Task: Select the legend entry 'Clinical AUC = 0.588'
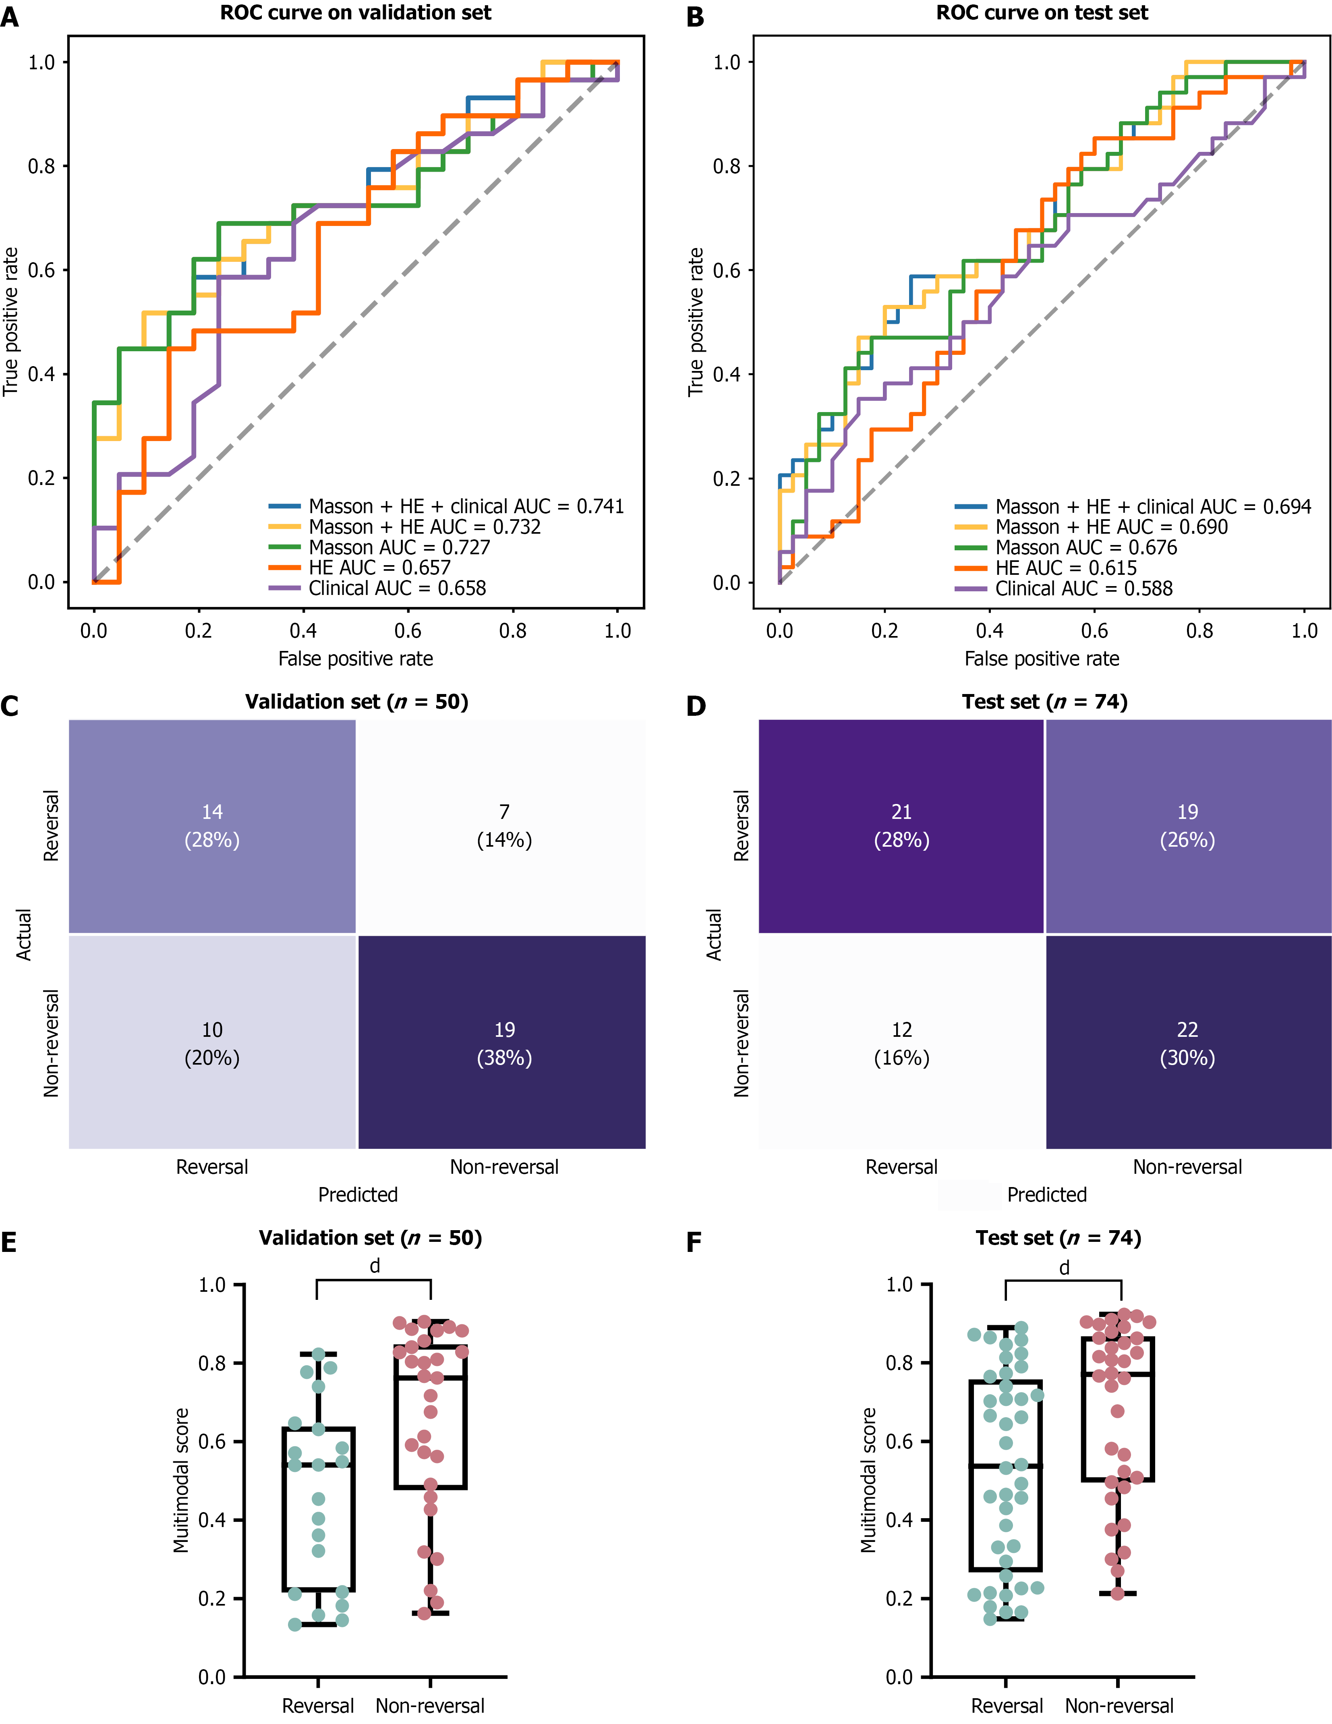click(x=1083, y=588)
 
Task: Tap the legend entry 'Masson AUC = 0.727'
click(x=399, y=547)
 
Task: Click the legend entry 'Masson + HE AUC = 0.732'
click(x=424, y=526)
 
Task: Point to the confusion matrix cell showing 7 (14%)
click(x=504, y=826)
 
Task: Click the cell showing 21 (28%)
click(x=901, y=826)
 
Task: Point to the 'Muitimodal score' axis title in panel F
click(x=868, y=1480)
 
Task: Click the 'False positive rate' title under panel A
click(x=355, y=658)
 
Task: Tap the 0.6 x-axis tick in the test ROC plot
click(x=1094, y=631)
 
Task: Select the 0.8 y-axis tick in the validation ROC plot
click(x=41, y=166)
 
